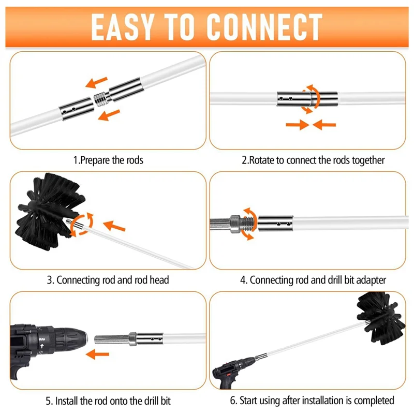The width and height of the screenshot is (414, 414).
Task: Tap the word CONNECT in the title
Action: [264, 26]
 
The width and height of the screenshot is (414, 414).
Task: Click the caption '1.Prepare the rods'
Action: [108, 160]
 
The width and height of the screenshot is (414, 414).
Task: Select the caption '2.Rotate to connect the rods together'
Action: [313, 160]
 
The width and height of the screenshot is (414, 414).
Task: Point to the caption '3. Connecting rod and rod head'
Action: [108, 280]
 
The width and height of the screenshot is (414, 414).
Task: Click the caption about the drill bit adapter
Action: [313, 280]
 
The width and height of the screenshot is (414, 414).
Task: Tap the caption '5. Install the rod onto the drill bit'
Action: [108, 401]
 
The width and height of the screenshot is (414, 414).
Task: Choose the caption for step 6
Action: [312, 401]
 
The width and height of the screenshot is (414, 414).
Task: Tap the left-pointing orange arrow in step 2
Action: [324, 124]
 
